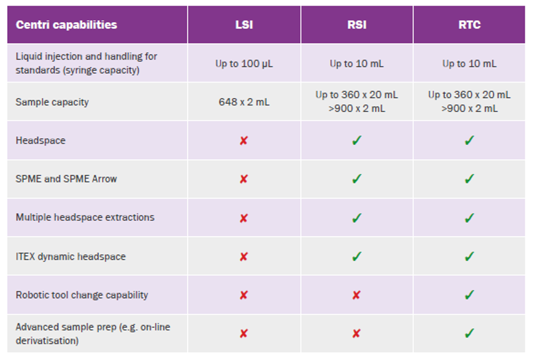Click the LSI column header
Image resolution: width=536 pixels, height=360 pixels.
244,25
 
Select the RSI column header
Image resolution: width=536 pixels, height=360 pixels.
356,25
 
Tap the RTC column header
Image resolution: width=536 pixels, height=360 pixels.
469,25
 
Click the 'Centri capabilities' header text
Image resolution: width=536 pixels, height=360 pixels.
66,25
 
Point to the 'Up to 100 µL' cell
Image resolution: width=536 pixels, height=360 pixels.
244,64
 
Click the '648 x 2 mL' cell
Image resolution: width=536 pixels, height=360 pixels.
244,102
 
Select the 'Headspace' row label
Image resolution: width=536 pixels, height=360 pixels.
41,141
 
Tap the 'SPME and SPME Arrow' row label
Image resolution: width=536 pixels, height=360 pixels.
66,179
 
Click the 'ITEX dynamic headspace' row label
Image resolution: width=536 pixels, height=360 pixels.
70,257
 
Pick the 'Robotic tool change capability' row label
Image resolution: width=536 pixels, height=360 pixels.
82,295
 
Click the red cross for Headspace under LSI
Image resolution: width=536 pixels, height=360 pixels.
243,141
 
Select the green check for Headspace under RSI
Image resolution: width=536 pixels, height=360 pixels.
356,141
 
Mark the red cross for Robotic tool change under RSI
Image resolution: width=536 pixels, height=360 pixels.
356,295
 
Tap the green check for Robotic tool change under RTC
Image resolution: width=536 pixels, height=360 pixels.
469,295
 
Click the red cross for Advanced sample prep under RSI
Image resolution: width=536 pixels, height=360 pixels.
356,333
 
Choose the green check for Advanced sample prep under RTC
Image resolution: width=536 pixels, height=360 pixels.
469,333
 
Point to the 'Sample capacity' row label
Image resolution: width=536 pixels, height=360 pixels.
52,102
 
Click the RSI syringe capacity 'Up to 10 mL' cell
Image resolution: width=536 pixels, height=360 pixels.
356,64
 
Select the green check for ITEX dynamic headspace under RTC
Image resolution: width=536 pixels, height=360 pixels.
469,257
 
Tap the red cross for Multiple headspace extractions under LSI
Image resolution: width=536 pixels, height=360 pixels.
243,218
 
